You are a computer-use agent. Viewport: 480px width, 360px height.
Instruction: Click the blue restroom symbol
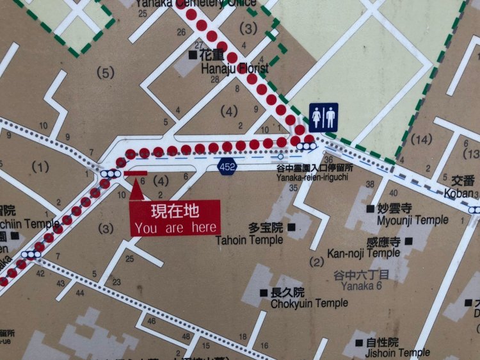pyautogui.click(x=323, y=117)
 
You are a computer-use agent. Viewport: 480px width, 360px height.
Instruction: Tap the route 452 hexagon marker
pyautogui.click(x=225, y=167)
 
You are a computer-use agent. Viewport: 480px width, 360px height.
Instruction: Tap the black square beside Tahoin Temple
pyautogui.click(x=292, y=227)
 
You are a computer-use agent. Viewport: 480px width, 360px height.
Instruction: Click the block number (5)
pyautogui.click(x=105, y=72)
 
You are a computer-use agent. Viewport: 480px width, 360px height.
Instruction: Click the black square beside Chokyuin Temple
pyautogui.click(x=263, y=292)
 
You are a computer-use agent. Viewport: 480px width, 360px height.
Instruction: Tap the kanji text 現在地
pyautogui.click(x=175, y=210)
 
